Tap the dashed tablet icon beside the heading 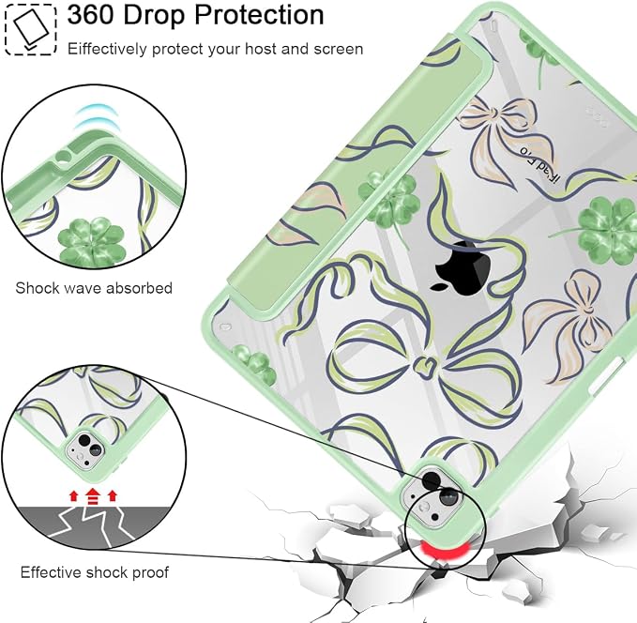tap(30, 29)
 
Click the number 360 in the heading tap(91, 15)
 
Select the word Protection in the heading tap(259, 15)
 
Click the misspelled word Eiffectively tap(107, 49)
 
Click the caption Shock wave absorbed tap(94, 288)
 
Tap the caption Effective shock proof tap(94, 572)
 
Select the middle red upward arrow tap(93, 496)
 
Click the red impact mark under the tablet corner tap(445, 550)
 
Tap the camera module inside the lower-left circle tap(84, 450)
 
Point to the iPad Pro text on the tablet tap(538, 165)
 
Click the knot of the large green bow tap(425, 364)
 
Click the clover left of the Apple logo tap(388, 200)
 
